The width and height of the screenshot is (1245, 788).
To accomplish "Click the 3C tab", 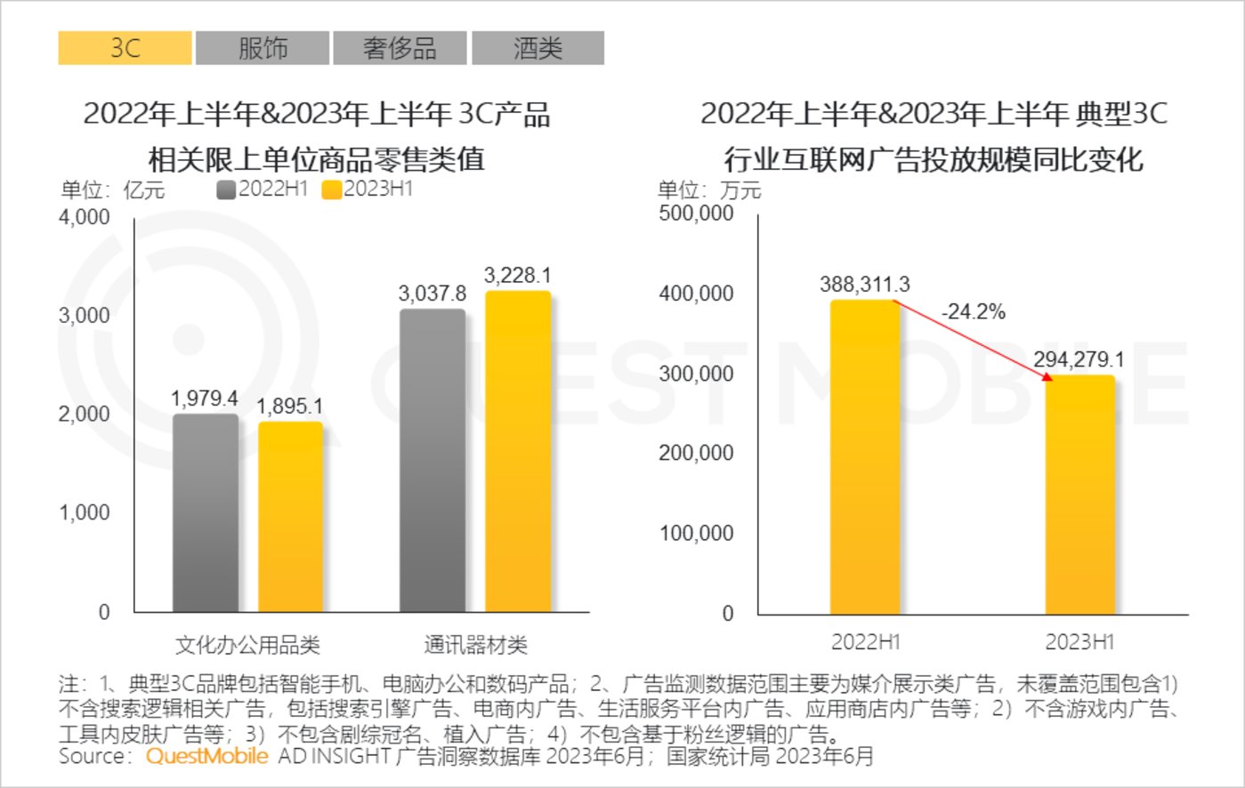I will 125,48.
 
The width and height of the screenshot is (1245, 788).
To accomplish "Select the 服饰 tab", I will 263,48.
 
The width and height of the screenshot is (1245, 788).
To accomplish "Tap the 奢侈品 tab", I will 400,48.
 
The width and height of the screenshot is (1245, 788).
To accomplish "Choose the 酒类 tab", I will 538,48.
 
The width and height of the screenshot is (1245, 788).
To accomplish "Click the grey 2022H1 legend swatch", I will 226,189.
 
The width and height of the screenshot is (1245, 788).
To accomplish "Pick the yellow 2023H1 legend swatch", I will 331,189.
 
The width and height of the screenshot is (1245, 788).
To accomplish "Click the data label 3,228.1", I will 517,276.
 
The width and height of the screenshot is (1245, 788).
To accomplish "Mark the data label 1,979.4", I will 205,398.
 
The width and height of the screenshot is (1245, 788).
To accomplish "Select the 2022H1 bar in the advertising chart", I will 865,457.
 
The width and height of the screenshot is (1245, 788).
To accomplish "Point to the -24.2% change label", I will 974,312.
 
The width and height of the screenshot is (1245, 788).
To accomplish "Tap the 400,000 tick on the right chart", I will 696,293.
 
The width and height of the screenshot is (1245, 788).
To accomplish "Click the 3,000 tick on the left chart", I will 85,316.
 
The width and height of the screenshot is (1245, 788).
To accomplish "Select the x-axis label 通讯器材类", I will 475,645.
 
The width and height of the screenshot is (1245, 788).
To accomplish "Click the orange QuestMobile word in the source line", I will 206,756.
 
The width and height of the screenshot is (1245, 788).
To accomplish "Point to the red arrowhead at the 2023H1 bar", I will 1047,376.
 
